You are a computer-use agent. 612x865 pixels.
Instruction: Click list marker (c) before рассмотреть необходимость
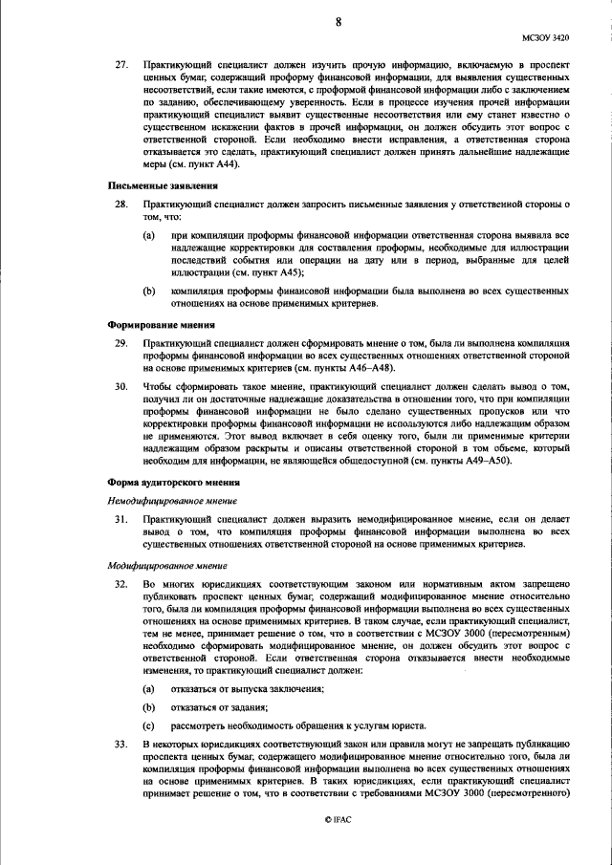(x=148, y=724)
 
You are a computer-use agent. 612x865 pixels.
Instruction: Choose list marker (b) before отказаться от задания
(x=148, y=707)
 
